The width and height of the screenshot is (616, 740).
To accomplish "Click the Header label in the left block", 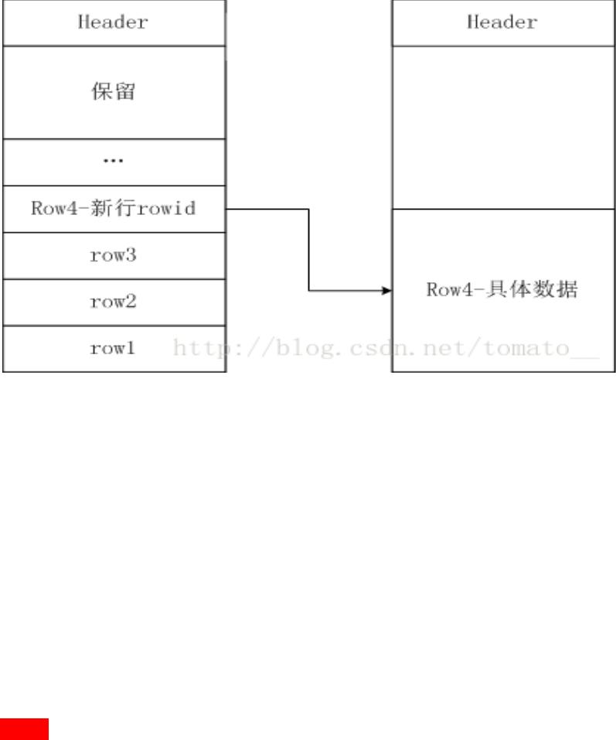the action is [113, 22].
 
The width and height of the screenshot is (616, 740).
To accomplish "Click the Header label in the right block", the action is [502, 22].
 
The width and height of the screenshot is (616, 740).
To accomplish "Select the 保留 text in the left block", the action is [113, 92].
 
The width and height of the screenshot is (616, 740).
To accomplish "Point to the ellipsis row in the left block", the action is [113, 162].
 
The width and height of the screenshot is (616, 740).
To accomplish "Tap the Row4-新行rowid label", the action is [113, 209].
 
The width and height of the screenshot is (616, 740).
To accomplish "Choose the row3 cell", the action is [113, 255].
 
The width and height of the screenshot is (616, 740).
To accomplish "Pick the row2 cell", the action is [113, 302].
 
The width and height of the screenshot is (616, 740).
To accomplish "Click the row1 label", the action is [113, 349].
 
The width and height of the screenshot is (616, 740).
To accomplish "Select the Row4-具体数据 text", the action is [502, 290].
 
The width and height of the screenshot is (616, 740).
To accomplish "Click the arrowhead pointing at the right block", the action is [387, 291].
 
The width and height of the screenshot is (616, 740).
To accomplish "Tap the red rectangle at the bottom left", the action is [24, 729].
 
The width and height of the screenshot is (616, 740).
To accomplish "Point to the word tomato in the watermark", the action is [526, 349].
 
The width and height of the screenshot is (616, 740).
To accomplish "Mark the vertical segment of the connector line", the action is [309, 250].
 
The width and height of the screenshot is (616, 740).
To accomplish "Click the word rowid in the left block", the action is [165, 209].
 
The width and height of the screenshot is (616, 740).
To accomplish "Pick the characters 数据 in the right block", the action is [560, 290].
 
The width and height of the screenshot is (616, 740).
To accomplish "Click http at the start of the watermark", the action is [198, 349].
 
